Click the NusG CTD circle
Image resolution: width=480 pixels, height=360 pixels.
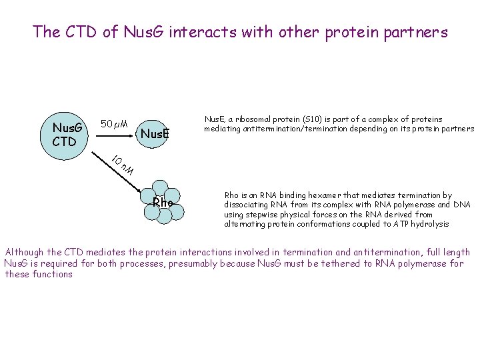[x=67, y=134]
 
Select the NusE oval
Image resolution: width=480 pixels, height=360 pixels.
[x=155, y=134]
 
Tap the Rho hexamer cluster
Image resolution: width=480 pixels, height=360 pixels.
[x=162, y=202]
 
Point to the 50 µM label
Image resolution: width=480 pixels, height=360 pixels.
[x=113, y=124]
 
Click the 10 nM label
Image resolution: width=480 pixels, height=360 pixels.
[x=123, y=166]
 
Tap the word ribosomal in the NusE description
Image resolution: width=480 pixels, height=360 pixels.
[x=251, y=119]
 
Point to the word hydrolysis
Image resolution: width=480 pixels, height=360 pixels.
[x=428, y=224]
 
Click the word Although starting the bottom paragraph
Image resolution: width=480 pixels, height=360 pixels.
[x=24, y=252]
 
